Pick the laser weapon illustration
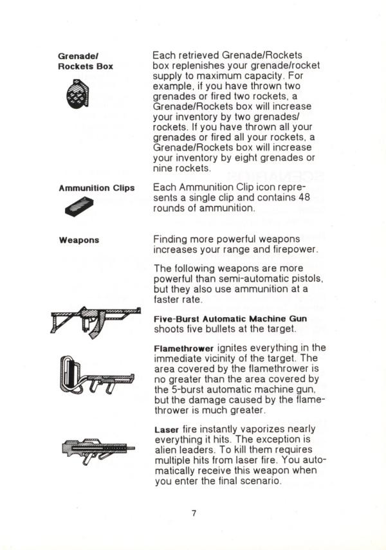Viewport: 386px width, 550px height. click(98, 449)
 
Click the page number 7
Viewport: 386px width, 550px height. click(192, 513)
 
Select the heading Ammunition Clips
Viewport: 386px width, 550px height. click(96, 188)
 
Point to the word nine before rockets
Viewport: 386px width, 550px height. click(164, 169)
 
